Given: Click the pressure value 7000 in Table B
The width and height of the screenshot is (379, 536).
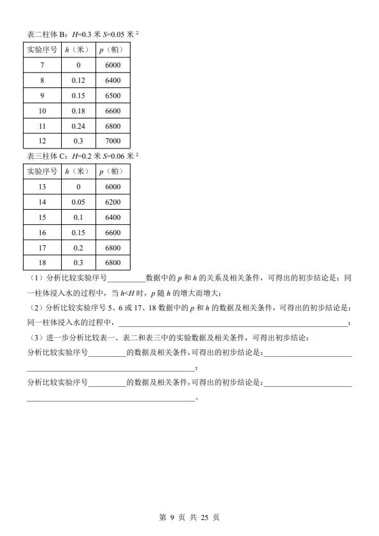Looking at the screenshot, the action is pos(113,141).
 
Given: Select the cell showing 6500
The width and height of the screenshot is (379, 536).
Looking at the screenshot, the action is pos(113,96).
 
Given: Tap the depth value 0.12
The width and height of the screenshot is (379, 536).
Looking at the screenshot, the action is pos(78,80).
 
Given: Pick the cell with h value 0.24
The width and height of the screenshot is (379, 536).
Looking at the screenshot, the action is pos(78,126).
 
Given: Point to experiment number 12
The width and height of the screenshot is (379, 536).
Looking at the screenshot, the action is pos(42,141).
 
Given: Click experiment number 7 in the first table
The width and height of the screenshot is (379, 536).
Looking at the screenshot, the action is pos(42,65).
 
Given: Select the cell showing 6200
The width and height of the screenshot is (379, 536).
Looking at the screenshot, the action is pos(113,202).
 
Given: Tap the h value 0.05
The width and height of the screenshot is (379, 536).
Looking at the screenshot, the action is pos(78,202).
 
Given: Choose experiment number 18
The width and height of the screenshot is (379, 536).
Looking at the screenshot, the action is pos(42,263).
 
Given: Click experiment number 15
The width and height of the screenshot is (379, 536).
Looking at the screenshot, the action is pos(42,217).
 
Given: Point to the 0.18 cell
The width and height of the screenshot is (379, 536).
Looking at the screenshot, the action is pos(78,111).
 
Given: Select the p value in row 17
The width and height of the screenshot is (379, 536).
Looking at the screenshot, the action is pos(113,248).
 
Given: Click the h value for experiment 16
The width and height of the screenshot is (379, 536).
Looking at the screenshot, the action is pos(78,233).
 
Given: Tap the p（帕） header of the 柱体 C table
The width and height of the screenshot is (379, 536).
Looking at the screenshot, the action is pos(113,171).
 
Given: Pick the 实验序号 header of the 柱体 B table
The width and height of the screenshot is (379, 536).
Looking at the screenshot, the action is pos(42,50).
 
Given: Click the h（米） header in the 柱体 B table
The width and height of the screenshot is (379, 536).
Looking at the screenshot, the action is pos(78,50).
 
